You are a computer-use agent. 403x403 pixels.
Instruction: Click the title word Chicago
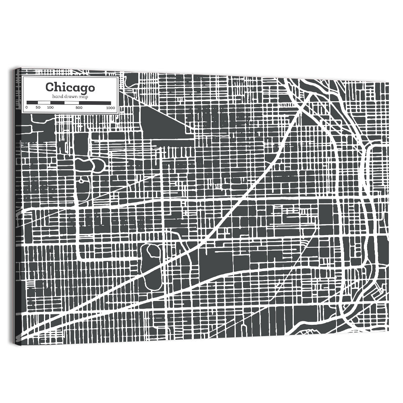point(70,87)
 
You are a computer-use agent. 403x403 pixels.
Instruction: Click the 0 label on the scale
point(27,108)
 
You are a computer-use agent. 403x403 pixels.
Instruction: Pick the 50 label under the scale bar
point(38,108)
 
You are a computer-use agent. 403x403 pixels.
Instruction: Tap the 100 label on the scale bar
point(50,108)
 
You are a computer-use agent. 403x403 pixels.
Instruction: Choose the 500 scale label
point(79,108)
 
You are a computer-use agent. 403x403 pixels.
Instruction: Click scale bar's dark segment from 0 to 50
point(32,103)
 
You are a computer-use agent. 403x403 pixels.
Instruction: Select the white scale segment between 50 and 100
point(44,103)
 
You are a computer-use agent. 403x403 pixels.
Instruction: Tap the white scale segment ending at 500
point(72,103)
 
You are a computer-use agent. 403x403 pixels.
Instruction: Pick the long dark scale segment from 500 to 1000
point(95,103)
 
